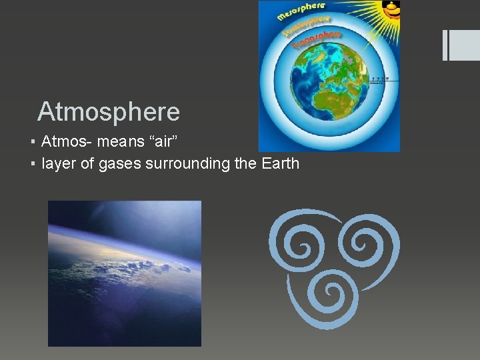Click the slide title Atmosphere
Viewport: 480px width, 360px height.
pyautogui.click(x=109, y=111)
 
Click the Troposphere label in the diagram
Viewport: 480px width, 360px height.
pyautogui.click(x=317, y=39)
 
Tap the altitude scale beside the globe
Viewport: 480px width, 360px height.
pyautogui.click(x=382, y=80)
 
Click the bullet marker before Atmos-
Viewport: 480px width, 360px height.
pyautogui.click(x=33, y=142)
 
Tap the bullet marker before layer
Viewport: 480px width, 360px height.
pyautogui.click(x=33, y=163)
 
